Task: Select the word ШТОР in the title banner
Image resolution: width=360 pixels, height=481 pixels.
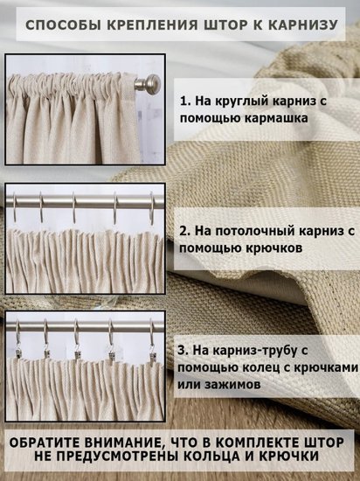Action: tap(225, 24)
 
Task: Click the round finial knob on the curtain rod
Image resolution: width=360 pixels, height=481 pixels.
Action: tap(152, 82)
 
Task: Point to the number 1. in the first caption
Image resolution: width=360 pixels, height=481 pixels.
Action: tap(185, 101)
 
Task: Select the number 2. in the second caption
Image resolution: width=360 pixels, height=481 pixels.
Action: tap(185, 231)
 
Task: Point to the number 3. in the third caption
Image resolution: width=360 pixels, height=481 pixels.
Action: tap(183, 351)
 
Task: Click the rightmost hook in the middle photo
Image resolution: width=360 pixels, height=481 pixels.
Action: tap(152, 209)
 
